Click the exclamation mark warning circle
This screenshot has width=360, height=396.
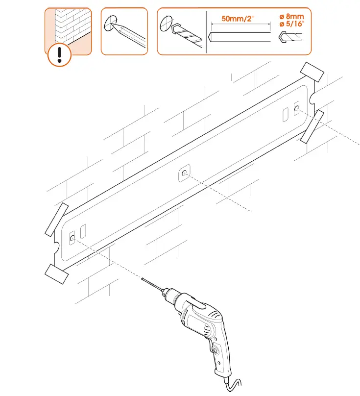coord(60,54)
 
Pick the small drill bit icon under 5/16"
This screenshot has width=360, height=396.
coord(292,38)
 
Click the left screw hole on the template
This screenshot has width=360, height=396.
coord(72,238)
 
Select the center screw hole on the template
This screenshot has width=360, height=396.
coord(184,173)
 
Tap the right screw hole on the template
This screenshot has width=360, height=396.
coord(296,108)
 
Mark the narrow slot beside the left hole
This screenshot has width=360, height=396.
coord(83,231)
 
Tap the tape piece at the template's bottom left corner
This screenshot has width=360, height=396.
coord(56,273)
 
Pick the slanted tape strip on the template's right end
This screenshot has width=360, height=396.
coord(312,126)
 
